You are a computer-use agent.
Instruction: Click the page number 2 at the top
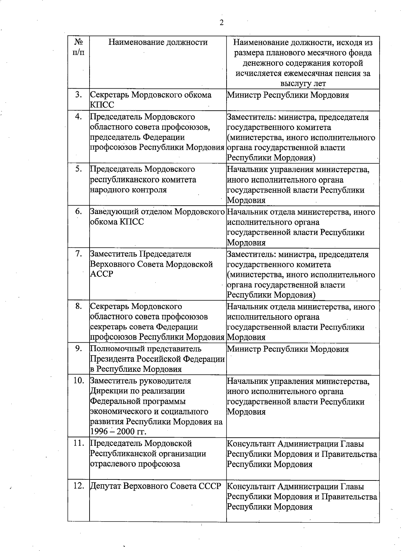point(221,23)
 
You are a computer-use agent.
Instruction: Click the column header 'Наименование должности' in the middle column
point(158,42)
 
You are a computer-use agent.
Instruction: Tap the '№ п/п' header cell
point(79,47)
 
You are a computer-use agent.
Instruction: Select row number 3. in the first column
point(79,95)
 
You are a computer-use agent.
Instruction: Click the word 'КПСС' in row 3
point(102,105)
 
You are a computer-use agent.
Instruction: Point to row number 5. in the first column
point(79,169)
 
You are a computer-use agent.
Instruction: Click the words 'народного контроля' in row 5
point(128,190)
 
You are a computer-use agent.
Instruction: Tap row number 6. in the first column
point(79,211)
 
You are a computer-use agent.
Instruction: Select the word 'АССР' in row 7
point(102,274)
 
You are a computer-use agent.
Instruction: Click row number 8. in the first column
point(79,306)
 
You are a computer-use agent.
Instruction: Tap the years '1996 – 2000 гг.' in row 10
point(118,432)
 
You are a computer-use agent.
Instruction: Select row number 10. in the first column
point(79,380)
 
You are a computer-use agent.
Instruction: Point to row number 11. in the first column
point(79,443)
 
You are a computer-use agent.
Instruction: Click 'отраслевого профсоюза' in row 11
point(135,464)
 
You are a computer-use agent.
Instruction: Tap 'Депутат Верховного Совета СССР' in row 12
point(156,486)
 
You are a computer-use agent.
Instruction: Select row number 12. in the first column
point(79,486)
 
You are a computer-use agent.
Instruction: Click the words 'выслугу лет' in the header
point(303,83)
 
